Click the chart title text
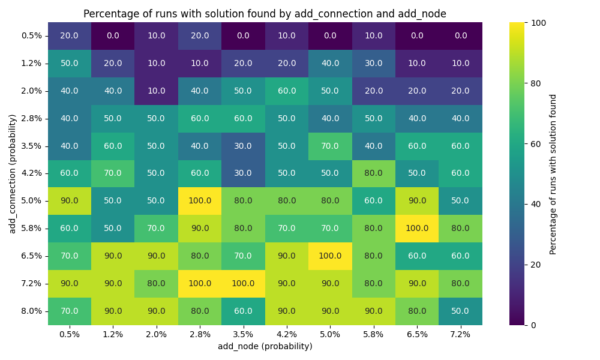tap(265, 14)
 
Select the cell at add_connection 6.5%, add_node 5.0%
tap(330, 256)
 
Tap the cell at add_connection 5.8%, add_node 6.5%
tap(417, 228)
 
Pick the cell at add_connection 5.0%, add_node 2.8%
tap(200, 200)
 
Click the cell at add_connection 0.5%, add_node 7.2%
tap(460, 35)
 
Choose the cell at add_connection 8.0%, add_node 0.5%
tap(70, 311)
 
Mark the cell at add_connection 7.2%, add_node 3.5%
tap(243, 283)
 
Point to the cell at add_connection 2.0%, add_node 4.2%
tap(287, 91)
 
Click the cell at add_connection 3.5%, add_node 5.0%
tap(330, 146)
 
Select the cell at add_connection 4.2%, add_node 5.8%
tap(373, 173)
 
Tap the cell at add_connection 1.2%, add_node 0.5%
tap(70, 63)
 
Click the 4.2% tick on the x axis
tap(287, 334)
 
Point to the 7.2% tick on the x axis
tap(460, 334)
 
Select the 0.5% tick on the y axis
tap(31, 35)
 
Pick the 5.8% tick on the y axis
tap(31, 228)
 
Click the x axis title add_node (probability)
tap(265, 346)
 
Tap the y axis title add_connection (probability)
tap(13, 173)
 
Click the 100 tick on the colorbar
tap(535, 22)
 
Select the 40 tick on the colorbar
tap(533, 204)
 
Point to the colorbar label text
tap(553, 173)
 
